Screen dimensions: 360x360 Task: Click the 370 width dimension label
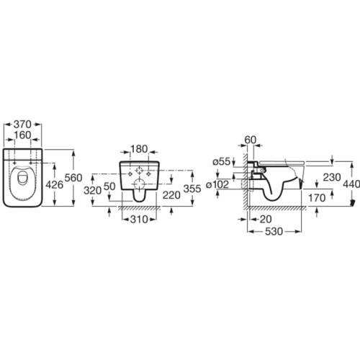[22, 125]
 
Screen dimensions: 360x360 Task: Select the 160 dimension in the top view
[22, 135]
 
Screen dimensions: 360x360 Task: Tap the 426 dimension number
[54, 185]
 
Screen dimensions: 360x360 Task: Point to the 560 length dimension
[73, 178]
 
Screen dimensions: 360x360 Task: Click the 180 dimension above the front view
[139, 149]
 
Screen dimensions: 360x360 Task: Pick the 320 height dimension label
[92, 191]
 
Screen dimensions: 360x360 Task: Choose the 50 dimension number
[109, 186]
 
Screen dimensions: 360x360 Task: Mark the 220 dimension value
[171, 195]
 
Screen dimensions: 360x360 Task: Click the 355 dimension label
[192, 189]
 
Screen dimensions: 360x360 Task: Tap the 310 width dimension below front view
[139, 219]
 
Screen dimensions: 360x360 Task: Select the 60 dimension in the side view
[251, 140]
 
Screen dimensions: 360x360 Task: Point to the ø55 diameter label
[222, 161]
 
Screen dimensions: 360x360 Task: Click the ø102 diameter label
[217, 184]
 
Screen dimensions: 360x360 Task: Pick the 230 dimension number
[332, 177]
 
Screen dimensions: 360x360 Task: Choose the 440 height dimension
[351, 184]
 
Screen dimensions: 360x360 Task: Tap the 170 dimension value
[317, 198]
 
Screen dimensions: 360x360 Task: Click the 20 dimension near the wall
[266, 219]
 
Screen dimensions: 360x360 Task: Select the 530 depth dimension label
[274, 232]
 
